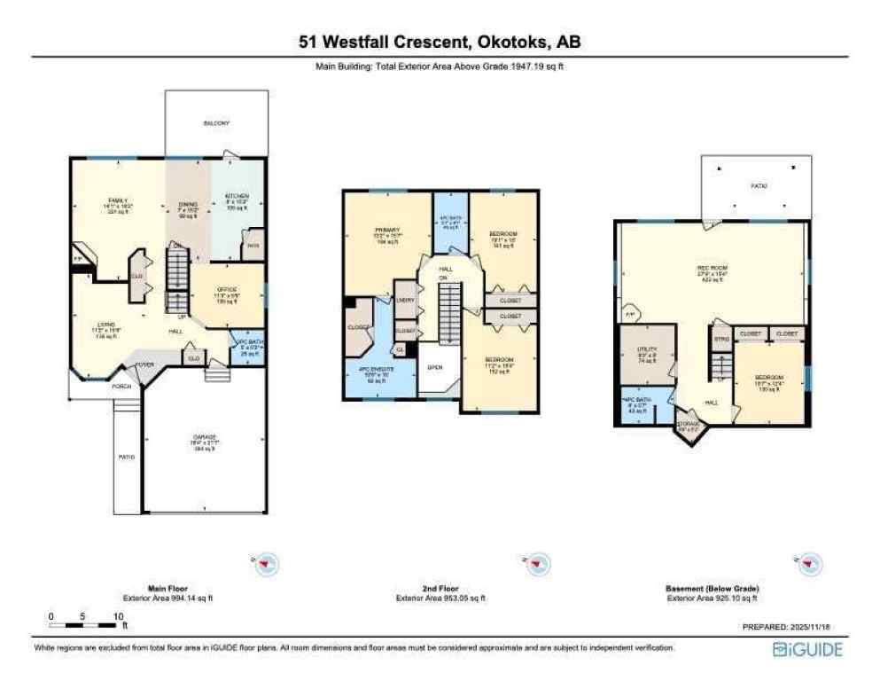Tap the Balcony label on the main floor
(216, 123)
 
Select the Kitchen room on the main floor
(236, 200)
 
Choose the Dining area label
(187, 209)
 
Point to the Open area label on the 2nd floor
(435, 366)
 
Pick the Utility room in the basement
(647, 357)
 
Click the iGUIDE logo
(806, 650)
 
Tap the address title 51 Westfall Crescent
(440, 43)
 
